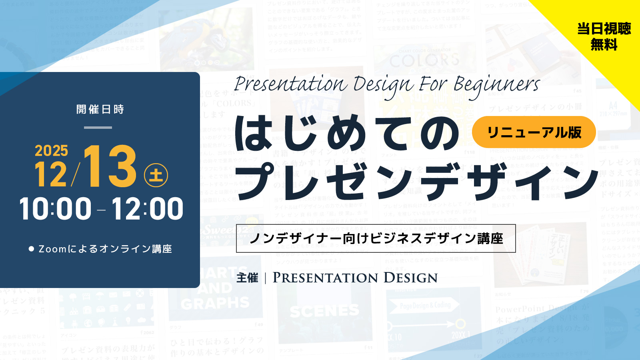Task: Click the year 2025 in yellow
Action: click(x=51, y=151)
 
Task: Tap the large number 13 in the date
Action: click(x=110, y=166)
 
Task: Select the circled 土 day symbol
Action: click(x=156, y=175)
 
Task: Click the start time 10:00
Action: click(x=55, y=209)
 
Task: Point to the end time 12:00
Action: click(x=147, y=209)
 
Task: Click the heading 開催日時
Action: click(x=100, y=109)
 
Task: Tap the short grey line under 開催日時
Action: click(x=98, y=128)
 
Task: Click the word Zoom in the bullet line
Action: click(x=52, y=249)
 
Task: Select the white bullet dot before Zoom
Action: click(x=31, y=249)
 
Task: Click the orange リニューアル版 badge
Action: click(x=534, y=132)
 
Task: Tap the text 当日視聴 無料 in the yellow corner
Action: click(x=604, y=36)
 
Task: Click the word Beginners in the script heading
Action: click(x=496, y=85)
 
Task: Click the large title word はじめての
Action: click(x=346, y=134)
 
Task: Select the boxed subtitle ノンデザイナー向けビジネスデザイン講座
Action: click(x=376, y=238)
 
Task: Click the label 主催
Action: click(x=247, y=278)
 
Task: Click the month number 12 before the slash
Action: click(x=51, y=174)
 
